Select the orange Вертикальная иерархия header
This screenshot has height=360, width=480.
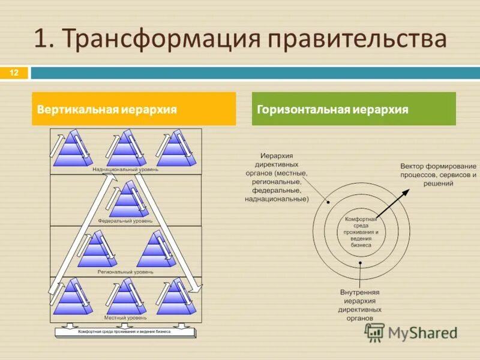click(133, 109)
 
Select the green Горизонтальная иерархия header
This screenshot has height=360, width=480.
click(353, 109)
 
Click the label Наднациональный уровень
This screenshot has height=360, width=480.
click(125, 170)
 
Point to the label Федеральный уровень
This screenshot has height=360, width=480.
click(125, 221)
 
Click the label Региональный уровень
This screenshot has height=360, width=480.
click(125, 272)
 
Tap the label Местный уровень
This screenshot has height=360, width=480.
click(122, 317)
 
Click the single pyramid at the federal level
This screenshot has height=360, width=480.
click(127, 202)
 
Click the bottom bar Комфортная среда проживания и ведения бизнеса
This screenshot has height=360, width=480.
click(125, 331)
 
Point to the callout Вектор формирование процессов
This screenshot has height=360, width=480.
click(438, 174)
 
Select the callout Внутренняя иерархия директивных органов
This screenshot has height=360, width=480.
click(360, 305)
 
